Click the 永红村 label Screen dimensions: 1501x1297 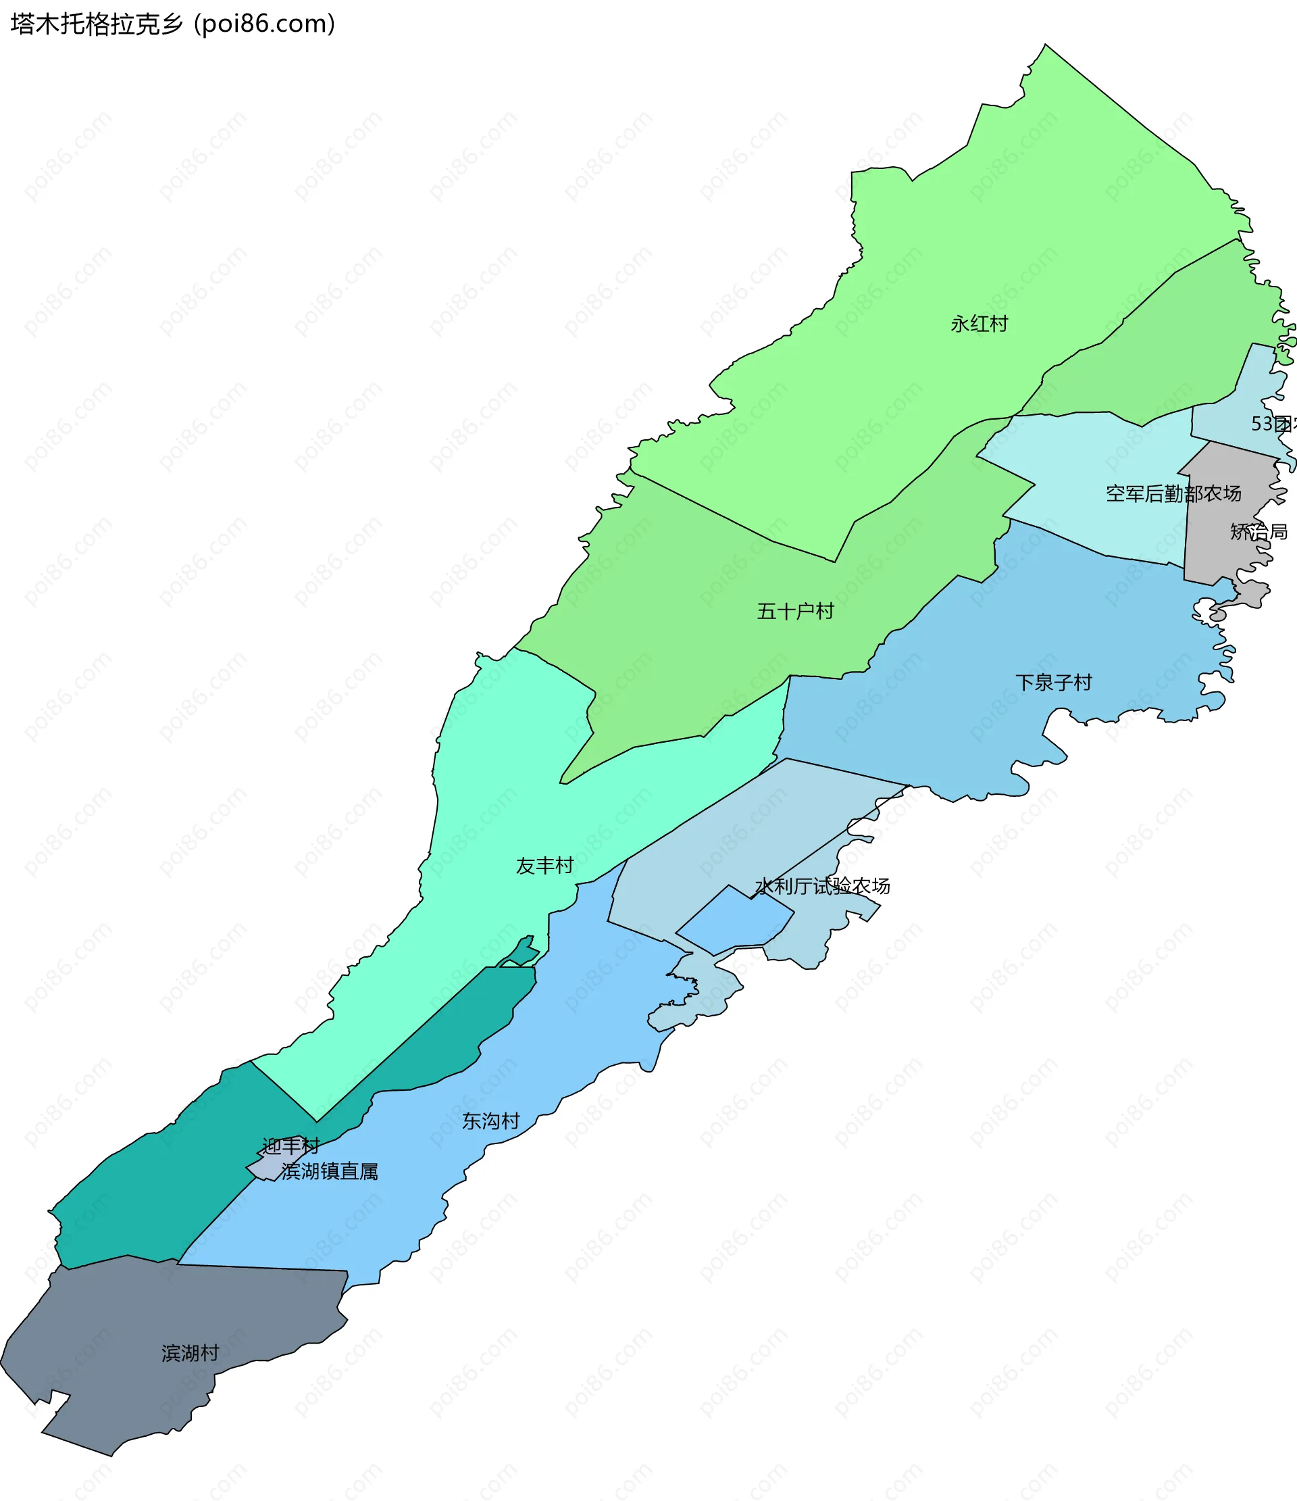[x=979, y=324]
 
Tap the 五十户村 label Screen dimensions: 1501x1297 [x=795, y=612]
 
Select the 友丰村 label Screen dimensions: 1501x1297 [x=544, y=866]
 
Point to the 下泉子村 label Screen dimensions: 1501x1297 [x=1053, y=683]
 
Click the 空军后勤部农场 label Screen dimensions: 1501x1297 [x=1173, y=494]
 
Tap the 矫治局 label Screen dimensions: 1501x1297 [x=1258, y=532]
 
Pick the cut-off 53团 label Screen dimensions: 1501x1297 [x=1273, y=424]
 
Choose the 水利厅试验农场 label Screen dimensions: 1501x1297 [x=822, y=886]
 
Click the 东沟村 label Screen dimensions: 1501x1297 [x=491, y=1121]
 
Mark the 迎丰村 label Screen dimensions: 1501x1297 [x=290, y=1146]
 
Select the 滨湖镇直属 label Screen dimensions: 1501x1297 [x=330, y=1171]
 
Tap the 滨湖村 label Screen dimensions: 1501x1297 [x=190, y=1353]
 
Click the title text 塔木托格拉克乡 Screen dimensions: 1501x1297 [x=97, y=24]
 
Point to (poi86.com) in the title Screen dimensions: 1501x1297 [x=264, y=24]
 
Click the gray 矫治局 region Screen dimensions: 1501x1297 [x=1224, y=507]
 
